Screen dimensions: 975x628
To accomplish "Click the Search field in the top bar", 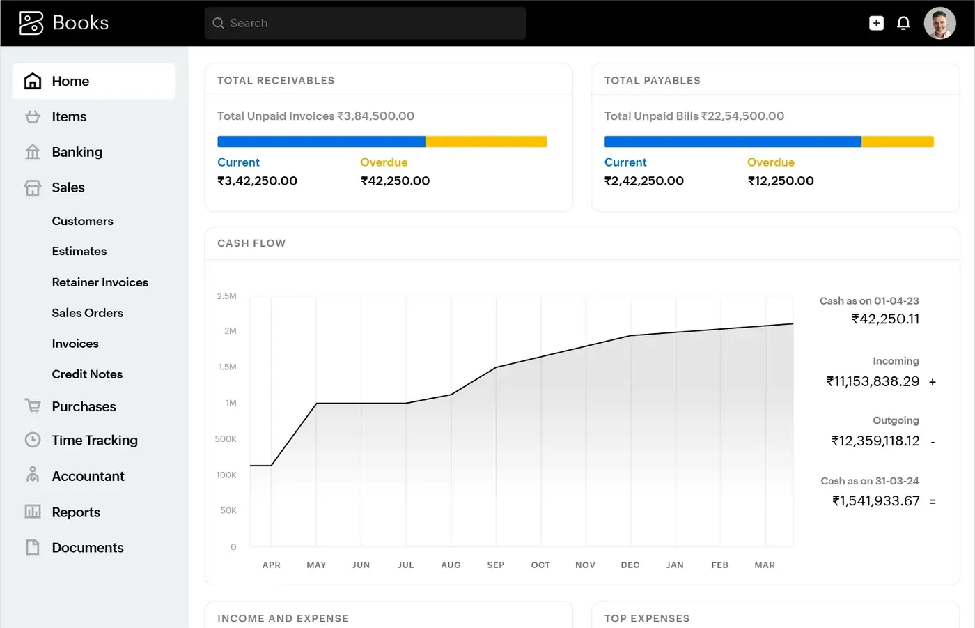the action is pos(365,23).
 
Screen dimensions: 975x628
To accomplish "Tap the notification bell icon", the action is pos(903,23).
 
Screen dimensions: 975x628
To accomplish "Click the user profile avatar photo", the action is pos(939,23).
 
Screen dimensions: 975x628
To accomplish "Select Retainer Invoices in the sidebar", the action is pos(100,282).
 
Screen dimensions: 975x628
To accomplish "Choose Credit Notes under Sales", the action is pos(87,374).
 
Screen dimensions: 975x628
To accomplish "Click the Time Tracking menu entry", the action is pos(94,441).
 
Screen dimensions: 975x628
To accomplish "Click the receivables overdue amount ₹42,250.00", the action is pos(395,181).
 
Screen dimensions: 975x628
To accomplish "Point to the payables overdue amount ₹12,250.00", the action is pos(781,181).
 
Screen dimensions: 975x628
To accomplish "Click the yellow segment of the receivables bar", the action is pos(486,141).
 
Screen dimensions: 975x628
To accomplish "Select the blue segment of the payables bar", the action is pos(733,141).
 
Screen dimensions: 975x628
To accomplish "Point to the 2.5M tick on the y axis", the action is pos(227,296).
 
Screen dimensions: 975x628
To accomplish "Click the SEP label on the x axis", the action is pos(495,565).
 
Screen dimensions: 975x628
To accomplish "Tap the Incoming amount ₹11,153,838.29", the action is pos(873,381).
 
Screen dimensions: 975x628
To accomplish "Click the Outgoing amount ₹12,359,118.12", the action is pos(875,441).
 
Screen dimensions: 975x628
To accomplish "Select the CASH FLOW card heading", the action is pos(251,243).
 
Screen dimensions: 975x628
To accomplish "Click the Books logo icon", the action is pos(31,22).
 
